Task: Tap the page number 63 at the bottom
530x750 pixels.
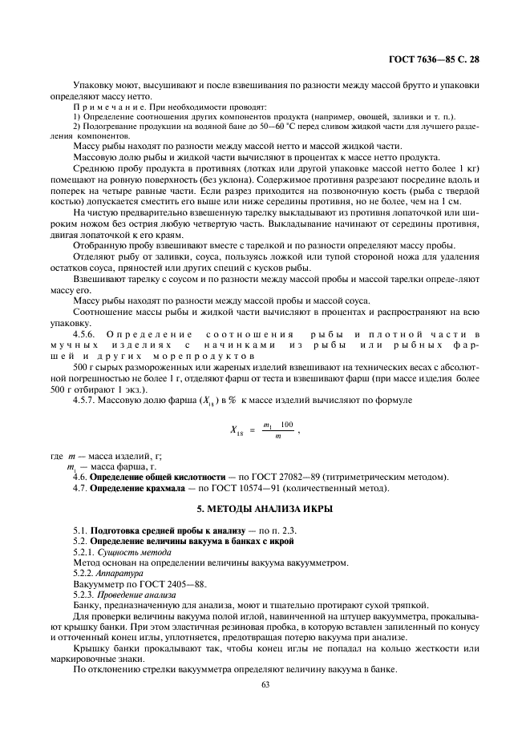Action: coord(265,683)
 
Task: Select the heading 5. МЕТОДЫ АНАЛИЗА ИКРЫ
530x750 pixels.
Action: coord(265,510)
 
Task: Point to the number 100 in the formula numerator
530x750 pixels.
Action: coord(286,424)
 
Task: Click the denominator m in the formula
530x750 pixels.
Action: coord(277,436)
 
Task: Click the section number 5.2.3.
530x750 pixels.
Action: coord(83,595)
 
